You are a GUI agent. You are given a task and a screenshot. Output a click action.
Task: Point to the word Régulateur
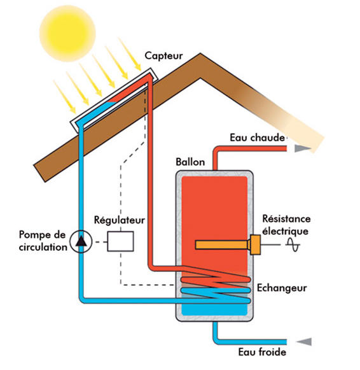(x=119, y=220)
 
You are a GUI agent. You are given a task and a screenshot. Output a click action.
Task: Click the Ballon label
(x=190, y=162)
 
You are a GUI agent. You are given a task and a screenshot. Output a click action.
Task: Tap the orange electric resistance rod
(x=223, y=245)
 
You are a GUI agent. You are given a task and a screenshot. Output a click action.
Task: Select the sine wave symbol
(x=293, y=244)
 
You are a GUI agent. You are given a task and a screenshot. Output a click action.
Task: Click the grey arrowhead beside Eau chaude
(x=303, y=148)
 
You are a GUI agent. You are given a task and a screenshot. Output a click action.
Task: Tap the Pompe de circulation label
(x=41, y=241)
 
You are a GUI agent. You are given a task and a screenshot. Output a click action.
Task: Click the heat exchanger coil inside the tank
(x=214, y=287)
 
